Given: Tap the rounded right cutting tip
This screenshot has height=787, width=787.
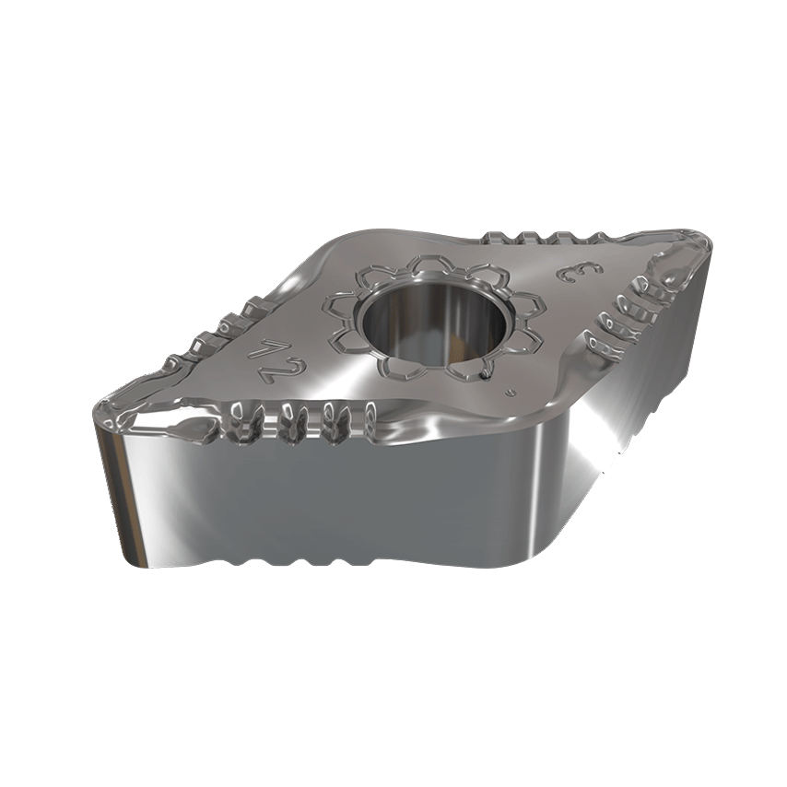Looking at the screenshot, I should click(702, 247).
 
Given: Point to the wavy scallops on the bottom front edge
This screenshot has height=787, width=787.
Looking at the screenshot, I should click(304, 558).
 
